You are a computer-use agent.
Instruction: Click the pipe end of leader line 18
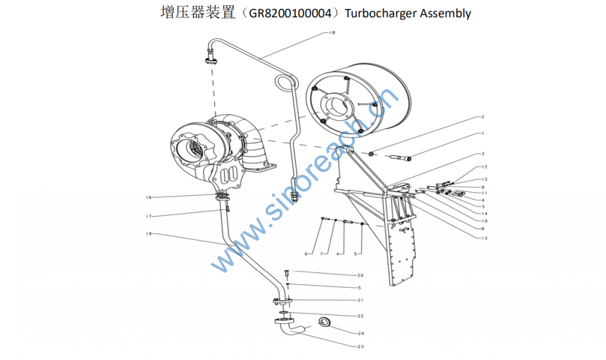[x=260, y=59]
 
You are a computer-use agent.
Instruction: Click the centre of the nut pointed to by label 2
[x=372, y=154]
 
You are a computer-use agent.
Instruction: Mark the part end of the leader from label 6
[x=323, y=220]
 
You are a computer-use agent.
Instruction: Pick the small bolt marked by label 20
[x=286, y=273]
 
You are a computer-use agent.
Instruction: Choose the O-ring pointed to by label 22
[x=283, y=312]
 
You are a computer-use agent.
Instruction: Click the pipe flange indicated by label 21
[x=282, y=300]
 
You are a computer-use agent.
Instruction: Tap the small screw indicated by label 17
[x=228, y=209]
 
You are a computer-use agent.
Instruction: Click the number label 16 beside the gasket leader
[x=149, y=198]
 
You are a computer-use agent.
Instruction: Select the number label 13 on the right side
[x=484, y=238]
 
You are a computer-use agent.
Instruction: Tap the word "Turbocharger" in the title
[x=381, y=14]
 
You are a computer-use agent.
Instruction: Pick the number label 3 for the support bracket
[x=483, y=154]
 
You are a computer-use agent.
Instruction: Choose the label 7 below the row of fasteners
[x=321, y=254]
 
